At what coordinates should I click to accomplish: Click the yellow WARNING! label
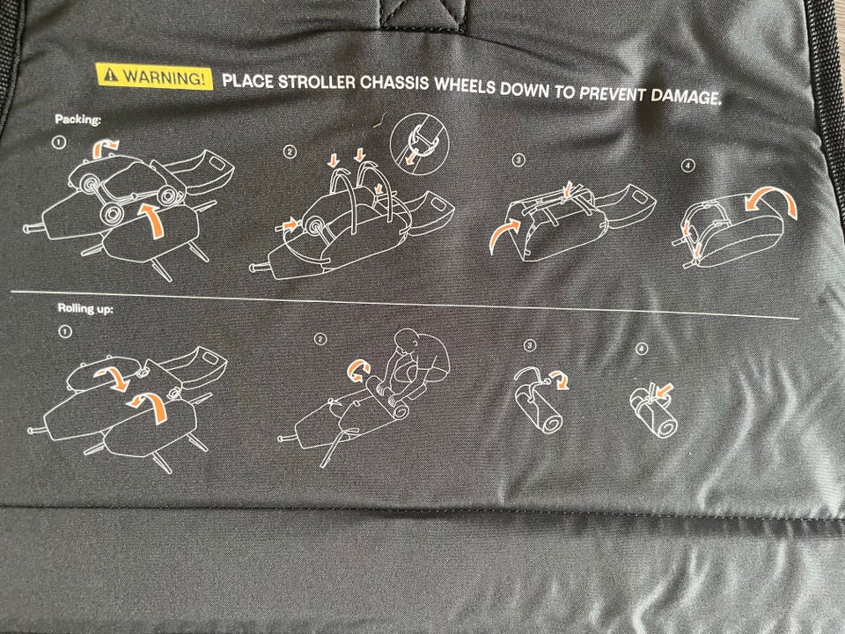click(x=154, y=76)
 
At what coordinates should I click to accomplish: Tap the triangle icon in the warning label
click(x=111, y=74)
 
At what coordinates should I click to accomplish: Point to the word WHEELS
click(x=465, y=85)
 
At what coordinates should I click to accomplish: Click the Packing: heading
click(x=78, y=119)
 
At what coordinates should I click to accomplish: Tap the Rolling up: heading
click(x=85, y=308)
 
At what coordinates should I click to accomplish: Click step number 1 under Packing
click(x=59, y=143)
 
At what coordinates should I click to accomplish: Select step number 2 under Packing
click(x=290, y=152)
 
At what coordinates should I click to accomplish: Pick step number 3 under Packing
click(x=518, y=160)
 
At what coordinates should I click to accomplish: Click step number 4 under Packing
click(x=688, y=166)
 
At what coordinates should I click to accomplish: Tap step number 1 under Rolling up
click(x=64, y=331)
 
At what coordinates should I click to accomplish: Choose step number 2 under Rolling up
click(x=320, y=338)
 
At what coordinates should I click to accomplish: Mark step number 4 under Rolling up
click(x=641, y=350)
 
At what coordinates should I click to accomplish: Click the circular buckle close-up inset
click(x=419, y=144)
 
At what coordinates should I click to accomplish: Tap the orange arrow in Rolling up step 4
click(x=665, y=390)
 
